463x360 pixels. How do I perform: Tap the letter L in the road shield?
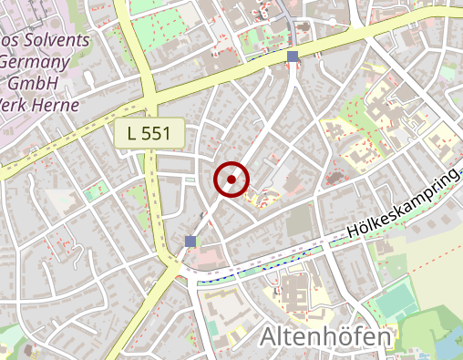pos(133,133)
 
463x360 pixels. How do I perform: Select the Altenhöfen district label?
pos(325,337)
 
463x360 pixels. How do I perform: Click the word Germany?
pos(36,63)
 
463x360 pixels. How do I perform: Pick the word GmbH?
pos(35,84)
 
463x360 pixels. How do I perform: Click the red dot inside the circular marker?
pos(231,180)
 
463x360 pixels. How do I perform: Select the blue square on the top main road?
pos(293,57)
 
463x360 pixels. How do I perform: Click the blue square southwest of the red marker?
pos(190,241)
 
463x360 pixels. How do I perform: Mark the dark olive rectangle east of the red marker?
pos(298,222)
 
